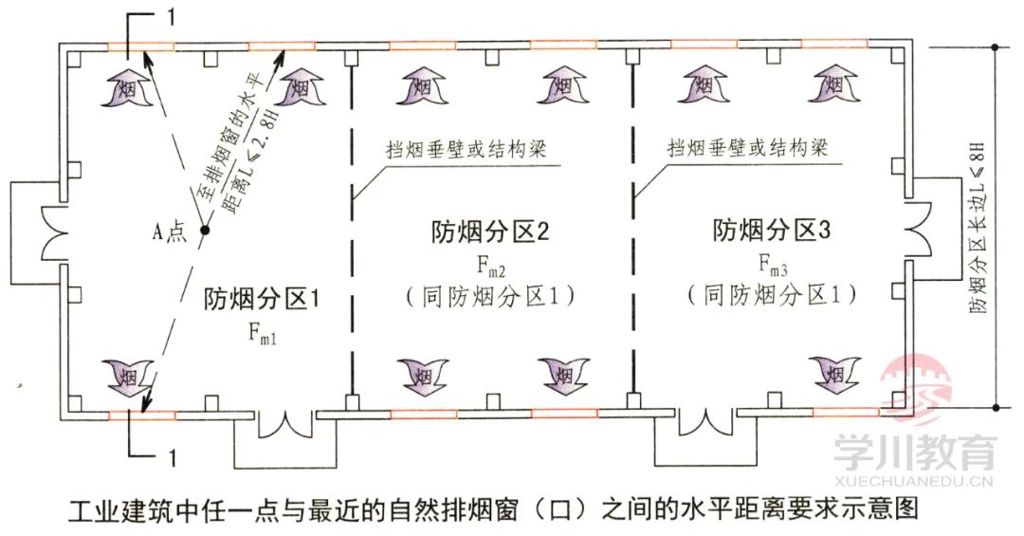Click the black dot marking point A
click(x=204, y=230)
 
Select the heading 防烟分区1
click(x=261, y=299)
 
